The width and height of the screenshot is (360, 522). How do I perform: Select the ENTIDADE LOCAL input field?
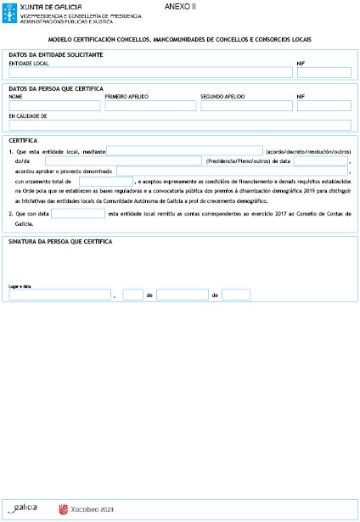(150, 72)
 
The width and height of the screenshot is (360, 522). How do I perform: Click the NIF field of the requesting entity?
(323, 72)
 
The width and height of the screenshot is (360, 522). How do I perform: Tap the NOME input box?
(54, 106)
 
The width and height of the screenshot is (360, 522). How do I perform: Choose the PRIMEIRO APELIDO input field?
(150, 106)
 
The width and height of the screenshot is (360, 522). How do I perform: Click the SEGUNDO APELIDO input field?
(246, 106)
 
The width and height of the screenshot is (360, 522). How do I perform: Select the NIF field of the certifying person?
(323, 106)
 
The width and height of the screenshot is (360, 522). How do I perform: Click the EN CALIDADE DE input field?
(179, 125)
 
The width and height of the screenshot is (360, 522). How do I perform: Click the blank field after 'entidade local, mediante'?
(184, 150)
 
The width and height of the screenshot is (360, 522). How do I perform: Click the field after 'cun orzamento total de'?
(106, 181)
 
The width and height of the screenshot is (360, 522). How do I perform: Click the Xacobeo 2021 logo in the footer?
(85, 509)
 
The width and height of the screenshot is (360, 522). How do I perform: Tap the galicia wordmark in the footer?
(25, 508)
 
